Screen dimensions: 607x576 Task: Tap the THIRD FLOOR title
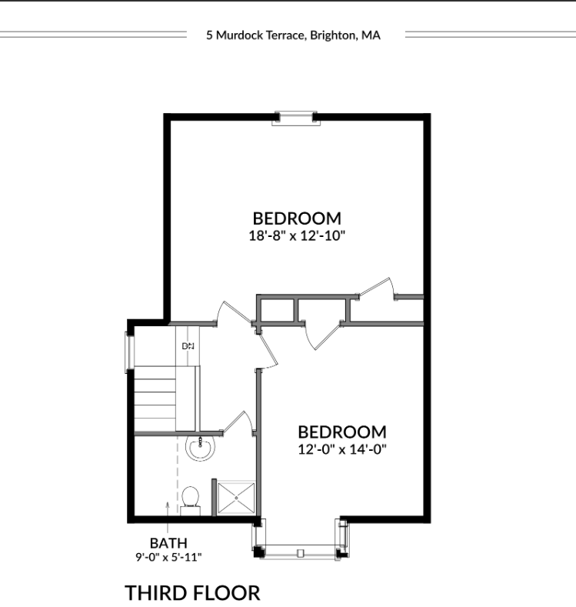click(x=192, y=592)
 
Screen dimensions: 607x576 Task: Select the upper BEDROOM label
click(x=296, y=218)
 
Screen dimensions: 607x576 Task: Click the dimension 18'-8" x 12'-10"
click(x=296, y=235)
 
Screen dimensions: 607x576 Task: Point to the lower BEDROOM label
click(x=341, y=432)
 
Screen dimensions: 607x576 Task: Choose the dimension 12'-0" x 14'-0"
click(x=341, y=449)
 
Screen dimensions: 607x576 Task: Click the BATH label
click(x=168, y=543)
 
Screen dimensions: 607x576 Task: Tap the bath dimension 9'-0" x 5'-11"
click(x=168, y=557)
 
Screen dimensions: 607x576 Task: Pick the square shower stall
click(x=235, y=498)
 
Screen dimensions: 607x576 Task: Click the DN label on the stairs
click(x=188, y=346)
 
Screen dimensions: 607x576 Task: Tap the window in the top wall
click(x=296, y=117)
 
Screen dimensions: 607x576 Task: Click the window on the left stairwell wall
click(x=130, y=351)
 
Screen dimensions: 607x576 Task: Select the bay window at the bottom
click(x=301, y=551)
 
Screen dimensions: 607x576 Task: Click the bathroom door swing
click(x=240, y=423)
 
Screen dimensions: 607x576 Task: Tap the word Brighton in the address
click(x=331, y=35)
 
